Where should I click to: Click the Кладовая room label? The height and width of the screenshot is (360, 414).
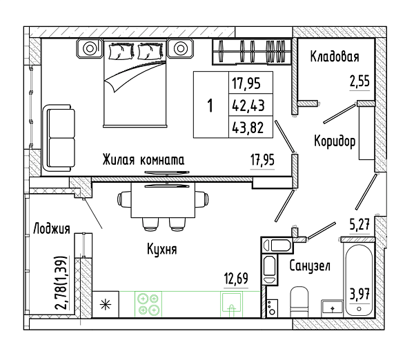click(x=335, y=57)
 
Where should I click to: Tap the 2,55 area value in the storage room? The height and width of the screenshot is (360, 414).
click(x=359, y=81)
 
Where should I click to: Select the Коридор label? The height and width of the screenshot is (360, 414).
click(x=335, y=141)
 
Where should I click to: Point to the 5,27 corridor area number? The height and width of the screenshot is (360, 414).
click(x=359, y=224)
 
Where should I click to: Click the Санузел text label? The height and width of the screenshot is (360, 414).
click(x=310, y=266)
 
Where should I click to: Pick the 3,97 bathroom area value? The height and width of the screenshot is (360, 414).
click(x=359, y=294)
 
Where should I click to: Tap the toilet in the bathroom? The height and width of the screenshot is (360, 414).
click(x=299, y=302)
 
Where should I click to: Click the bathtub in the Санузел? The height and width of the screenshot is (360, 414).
click(x=359, y=279)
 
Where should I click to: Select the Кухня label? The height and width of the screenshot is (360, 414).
click(x=162, y=249)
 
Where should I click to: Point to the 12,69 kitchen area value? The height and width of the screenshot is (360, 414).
click(x=236, y=279)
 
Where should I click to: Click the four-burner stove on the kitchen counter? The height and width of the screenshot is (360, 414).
click(x=148, y=303)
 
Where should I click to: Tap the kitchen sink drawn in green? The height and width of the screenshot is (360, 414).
click(x=232, y=303)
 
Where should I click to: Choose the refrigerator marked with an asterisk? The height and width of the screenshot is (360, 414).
click(x=106, y=304)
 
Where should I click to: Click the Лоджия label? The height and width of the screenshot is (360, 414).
click(x=52, y=228)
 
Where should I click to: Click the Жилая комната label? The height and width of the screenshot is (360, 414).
click(x=144, y=160)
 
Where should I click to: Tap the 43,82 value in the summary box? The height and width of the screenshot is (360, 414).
click(x=248, y=128)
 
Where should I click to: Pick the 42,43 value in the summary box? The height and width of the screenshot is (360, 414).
click(x=248, y=106)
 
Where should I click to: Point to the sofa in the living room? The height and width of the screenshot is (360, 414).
click(x=59, y=138)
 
